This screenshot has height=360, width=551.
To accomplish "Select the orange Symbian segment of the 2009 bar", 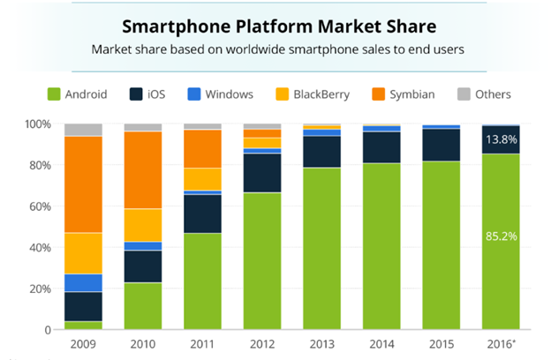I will pyautogui.click(x=83, y=184).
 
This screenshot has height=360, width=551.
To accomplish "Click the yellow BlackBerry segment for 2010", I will pyautogui.click(x=143, y=225).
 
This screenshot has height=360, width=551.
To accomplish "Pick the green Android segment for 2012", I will pyautogui.click(x=263, y=260).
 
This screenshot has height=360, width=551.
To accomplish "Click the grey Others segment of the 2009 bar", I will pyautogui.click(x=83, y=130).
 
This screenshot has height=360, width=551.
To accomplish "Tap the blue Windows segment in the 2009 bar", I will pyautogui.click(x=83, y=282).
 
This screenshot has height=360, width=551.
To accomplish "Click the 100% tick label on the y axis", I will pyautogui.click(x=35, y=124).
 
